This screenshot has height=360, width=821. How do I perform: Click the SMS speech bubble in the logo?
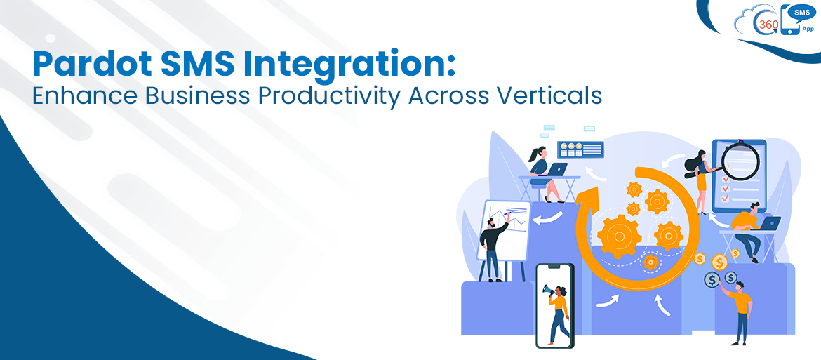pos(800,12)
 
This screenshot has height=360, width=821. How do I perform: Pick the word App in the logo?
pos(807,29)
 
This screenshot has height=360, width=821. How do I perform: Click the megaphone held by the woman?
pos(547,289)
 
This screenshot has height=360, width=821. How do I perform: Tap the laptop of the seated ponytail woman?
pos(558,169)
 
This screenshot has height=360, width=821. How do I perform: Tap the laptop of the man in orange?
pos(770,224)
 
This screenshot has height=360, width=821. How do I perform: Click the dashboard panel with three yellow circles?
pos(580,149)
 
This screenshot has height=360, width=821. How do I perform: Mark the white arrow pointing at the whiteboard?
pos(547,219)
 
